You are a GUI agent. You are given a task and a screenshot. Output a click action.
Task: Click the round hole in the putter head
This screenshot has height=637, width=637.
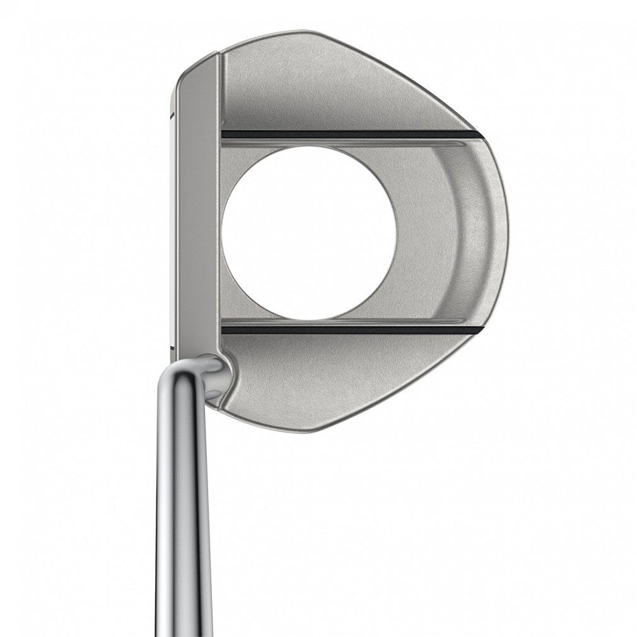309,233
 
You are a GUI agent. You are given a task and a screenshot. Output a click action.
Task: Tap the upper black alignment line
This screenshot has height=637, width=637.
347,134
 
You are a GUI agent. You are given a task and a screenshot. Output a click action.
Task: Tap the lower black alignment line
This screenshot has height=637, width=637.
347,329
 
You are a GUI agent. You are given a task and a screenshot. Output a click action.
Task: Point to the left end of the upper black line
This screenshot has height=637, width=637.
225,134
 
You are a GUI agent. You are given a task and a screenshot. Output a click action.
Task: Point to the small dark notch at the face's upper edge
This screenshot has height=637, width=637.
171,115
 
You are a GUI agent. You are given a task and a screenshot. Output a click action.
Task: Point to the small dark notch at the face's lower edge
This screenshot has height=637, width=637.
172,346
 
